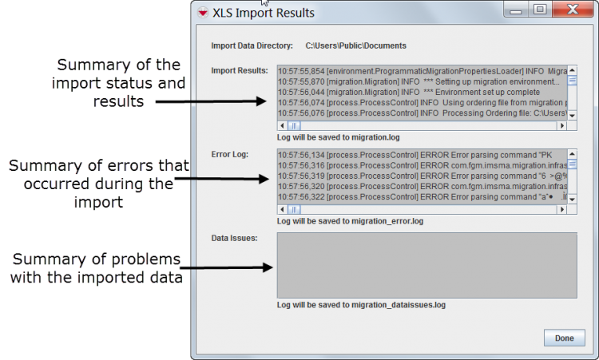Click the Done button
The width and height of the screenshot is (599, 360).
click(564, 338)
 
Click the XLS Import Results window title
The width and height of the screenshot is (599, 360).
click(264, 13)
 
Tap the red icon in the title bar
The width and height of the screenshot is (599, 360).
click(204, 13)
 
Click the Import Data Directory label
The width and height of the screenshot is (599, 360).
click(252, 45)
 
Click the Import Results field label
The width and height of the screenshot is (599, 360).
click(240, 70)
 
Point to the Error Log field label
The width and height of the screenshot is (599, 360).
click(230, 154)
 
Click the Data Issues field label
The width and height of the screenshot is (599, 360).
click(234, 239)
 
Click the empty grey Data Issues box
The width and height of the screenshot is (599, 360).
click(426, 266)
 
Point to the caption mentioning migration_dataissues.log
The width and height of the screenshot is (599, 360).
click(361, 305)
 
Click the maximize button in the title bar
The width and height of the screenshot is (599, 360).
click(540, 10)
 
